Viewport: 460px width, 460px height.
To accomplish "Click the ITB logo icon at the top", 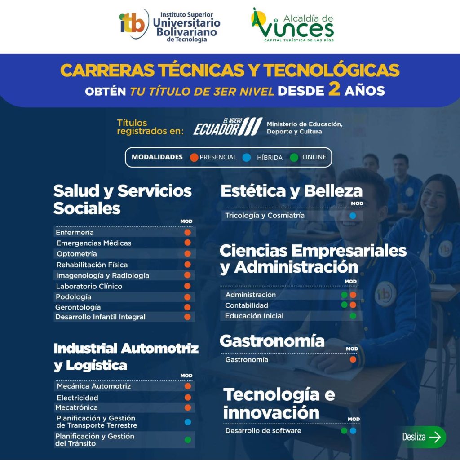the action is click(x=133, y=24).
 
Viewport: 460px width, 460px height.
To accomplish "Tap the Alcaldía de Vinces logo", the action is click(x=292, y=25).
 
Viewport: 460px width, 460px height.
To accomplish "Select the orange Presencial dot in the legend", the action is click(x=194, y=158).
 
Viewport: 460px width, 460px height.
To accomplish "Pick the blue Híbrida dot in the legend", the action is click(x=247, y=158).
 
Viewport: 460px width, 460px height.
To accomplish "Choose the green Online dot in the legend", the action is click(x=294, y=158).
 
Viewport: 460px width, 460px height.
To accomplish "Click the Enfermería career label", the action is click(x=75, y=232).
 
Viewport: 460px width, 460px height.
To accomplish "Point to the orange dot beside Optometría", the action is click(x=187, y=254).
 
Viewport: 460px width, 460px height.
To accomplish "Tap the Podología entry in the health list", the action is click(x=73, y=297).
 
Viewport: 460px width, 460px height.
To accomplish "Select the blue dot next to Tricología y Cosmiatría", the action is click(x=353, y=216).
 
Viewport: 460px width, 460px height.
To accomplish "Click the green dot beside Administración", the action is click(x=345, y=295).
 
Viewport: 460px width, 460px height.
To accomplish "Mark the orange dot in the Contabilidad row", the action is click(x=353, y=305).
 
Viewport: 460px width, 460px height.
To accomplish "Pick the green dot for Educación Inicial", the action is click(x=353, y=316).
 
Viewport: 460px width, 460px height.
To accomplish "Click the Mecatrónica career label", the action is click(x=76, y=407).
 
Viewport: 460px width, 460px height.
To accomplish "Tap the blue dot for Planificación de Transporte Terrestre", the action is click(x=188, y=422).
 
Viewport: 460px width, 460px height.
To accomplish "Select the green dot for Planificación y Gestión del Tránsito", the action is click(x=188, y=440).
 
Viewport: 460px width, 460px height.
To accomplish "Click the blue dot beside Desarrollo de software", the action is click(x=353, y=431).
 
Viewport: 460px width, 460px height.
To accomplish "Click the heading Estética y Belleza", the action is click(x=292, y=191).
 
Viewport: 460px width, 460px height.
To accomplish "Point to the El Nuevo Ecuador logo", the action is click(x=228, y=127).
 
